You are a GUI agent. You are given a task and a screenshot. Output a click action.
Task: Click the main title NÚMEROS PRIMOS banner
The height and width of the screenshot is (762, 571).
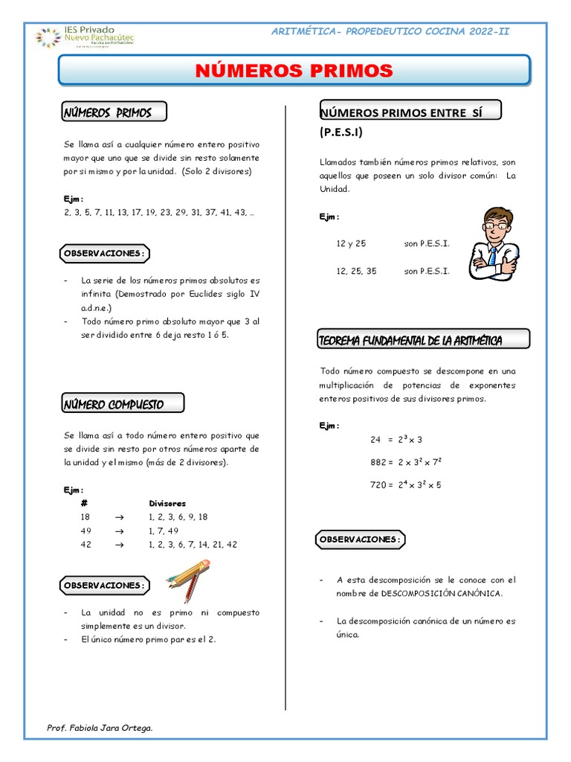pyautogui.click(x=294, y=71)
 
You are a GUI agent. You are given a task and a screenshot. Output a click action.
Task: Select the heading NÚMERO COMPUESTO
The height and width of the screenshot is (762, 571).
pyautogui.click(x=114, y=405)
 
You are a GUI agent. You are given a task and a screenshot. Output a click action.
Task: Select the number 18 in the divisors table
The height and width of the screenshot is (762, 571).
pyautogui.click(x=85, y=517)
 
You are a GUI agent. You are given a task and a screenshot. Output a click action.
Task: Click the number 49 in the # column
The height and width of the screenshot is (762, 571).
pyautogui.click(x=85, y=531)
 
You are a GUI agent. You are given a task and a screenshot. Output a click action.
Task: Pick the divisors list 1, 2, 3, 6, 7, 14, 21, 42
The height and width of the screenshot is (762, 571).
pyautogui.click(x=193, y=545)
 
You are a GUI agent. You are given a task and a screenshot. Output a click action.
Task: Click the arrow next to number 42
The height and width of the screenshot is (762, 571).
pyautogui.click(x=118, y=545)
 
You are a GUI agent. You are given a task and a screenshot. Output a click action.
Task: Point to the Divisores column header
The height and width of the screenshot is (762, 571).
pyautogui.click(x=167, y=504)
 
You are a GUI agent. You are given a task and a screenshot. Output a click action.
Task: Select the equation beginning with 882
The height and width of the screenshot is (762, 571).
pyautogui.click(x=406, y=462)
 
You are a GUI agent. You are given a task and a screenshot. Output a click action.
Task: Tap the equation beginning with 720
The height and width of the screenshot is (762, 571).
pyautogui.click(x=405, y=485)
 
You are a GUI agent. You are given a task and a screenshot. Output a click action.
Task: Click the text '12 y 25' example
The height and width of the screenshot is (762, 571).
pyautogui.click(x=351, y=244)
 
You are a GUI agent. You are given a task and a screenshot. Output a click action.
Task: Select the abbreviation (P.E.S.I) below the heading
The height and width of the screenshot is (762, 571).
pyautogui.click(x=342, y=132)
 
